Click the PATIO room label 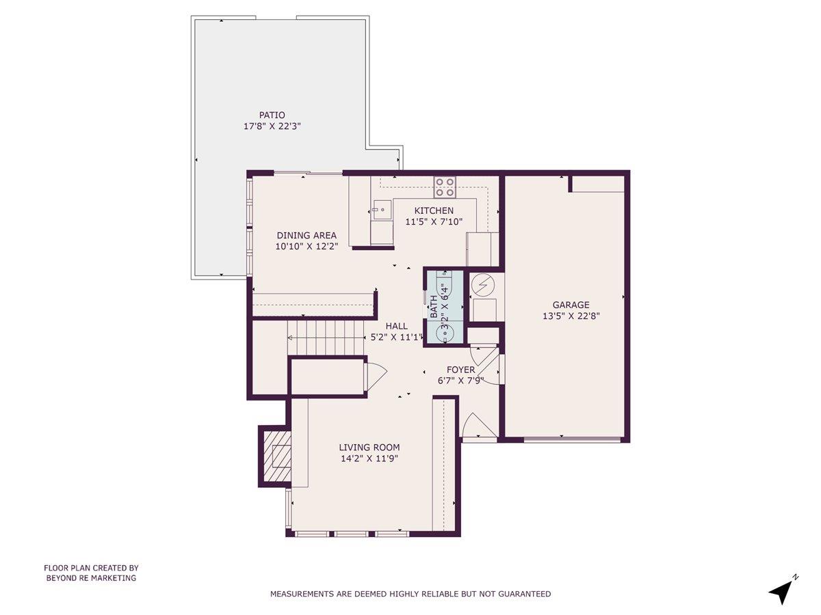272,115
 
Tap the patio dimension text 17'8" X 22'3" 272,126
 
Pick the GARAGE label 571,305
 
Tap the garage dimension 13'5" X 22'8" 571,316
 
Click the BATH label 434,306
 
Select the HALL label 396,326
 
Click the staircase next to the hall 325,338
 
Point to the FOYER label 460,370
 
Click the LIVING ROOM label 369,448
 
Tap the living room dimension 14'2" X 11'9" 369,459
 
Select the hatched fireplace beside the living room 275,456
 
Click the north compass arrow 780,591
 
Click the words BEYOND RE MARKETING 91,578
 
